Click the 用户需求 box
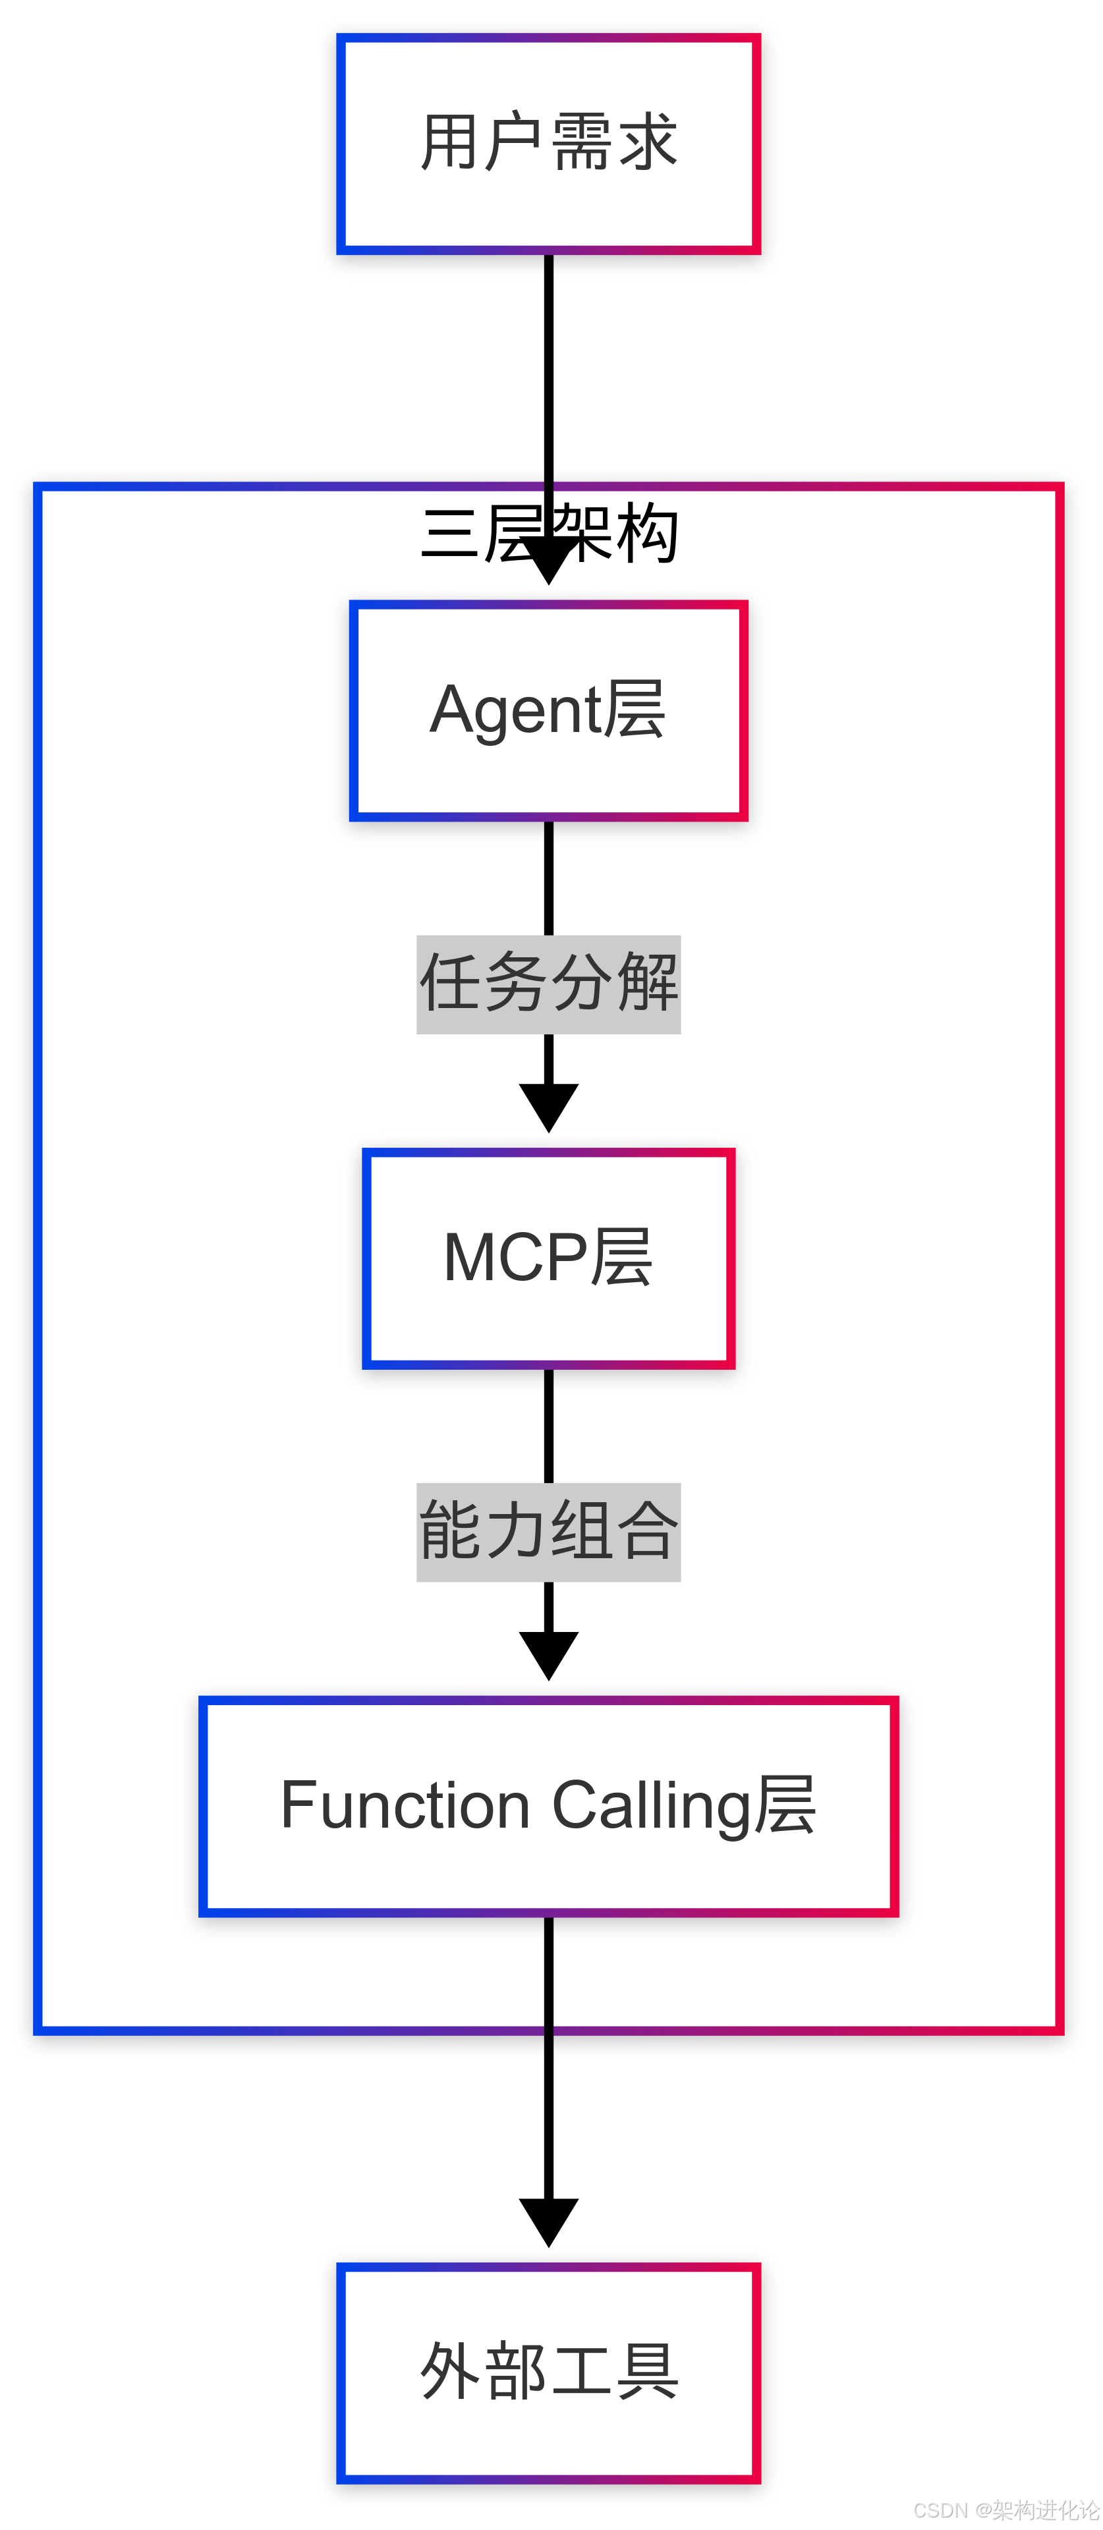point(548,144)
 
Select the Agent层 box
point(548,710)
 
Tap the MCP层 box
point(548,1258)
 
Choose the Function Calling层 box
point(548,1805)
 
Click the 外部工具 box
point(548,2372)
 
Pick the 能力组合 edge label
point(548,1532)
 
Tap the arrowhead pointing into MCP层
point(548,1107)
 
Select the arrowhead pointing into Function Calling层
point(548,1655)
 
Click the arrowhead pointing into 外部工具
point(548,2222)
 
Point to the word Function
point(405,1805)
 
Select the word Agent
point(515,710)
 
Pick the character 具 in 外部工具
point(646,2372)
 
